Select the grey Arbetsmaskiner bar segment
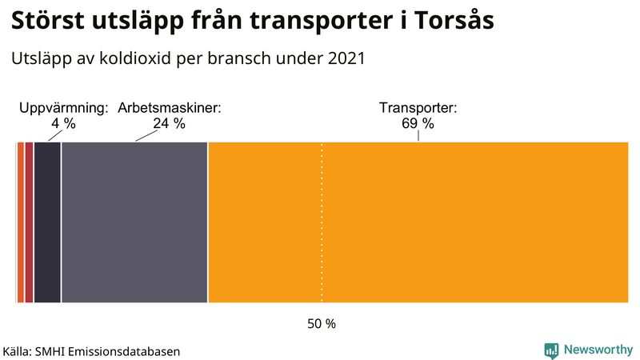[x=134, y=222]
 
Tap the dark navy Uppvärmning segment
[x=47, y=222]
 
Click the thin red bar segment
[x=29, y=222]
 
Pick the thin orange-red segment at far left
[x=20, y=222]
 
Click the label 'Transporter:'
[x=418, y=108]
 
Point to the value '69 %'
[x=418, y=123]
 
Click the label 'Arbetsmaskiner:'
[x=170, y=108]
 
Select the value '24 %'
[x=169, y=123]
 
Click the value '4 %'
[x=63, y=123]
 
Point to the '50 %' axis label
[x=322, y=324]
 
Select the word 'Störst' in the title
[x=50, y=22]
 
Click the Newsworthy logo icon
[x=551, y=350]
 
